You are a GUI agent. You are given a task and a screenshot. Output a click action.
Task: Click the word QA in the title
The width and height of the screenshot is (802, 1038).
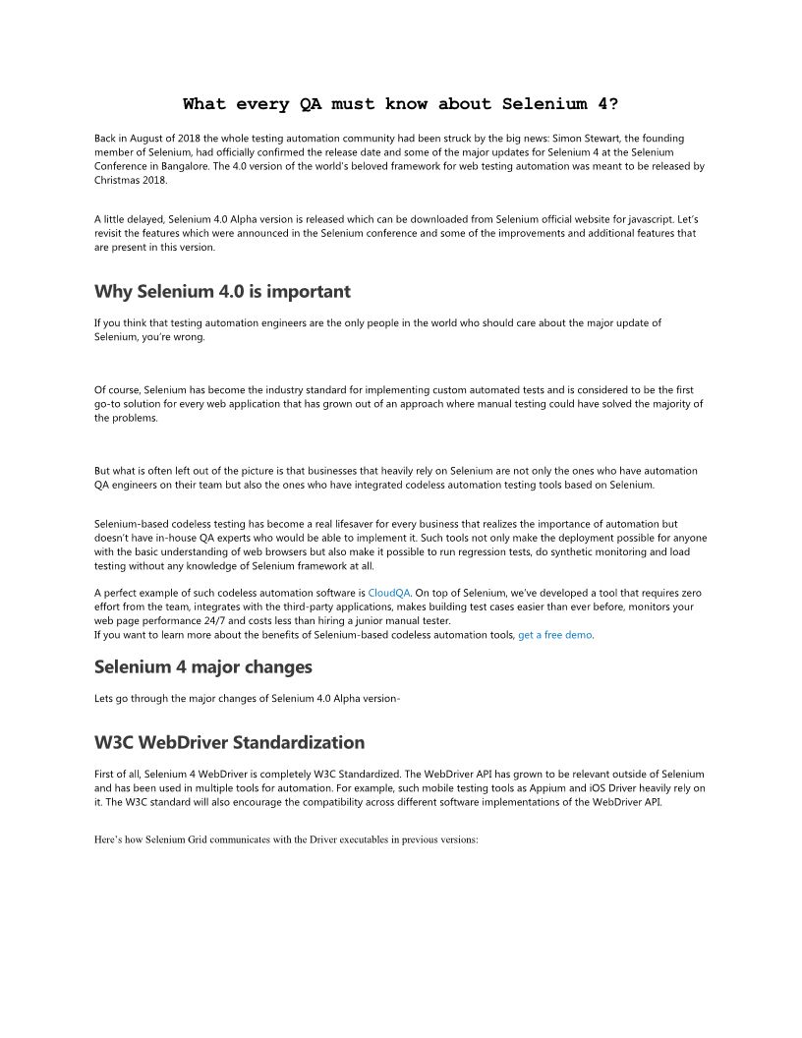(309, 103)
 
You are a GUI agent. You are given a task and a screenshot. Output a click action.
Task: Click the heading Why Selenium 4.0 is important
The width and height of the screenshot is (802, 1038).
(222, 292)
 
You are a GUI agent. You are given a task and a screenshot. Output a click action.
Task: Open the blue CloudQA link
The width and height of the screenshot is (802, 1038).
(390, 593)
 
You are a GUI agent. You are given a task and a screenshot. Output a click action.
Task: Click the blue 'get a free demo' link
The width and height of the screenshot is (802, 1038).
(555, 635)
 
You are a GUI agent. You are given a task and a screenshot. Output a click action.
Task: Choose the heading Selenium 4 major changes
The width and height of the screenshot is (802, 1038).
(203, 666)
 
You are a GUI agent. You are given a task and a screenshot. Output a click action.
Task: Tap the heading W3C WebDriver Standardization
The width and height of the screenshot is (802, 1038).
(229, 742)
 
